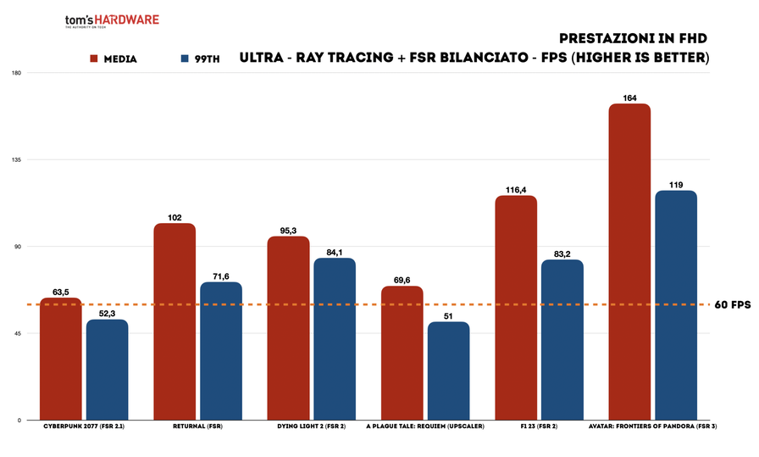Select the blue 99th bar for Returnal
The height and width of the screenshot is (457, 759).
(221, 351)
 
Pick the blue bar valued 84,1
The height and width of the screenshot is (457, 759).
(335, 339)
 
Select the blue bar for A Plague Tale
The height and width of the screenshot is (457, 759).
(448, 371)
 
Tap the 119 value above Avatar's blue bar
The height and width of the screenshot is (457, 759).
(676, 185)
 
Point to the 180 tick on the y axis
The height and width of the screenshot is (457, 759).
(16, 73)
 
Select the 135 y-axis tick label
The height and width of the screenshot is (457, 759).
(16, 159)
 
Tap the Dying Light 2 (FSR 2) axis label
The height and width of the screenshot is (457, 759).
(312, 426)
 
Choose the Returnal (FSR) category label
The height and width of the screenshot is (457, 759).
(197, 426)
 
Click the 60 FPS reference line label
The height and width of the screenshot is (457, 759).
(733, 304)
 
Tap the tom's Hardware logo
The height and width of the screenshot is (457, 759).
(111, 21)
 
